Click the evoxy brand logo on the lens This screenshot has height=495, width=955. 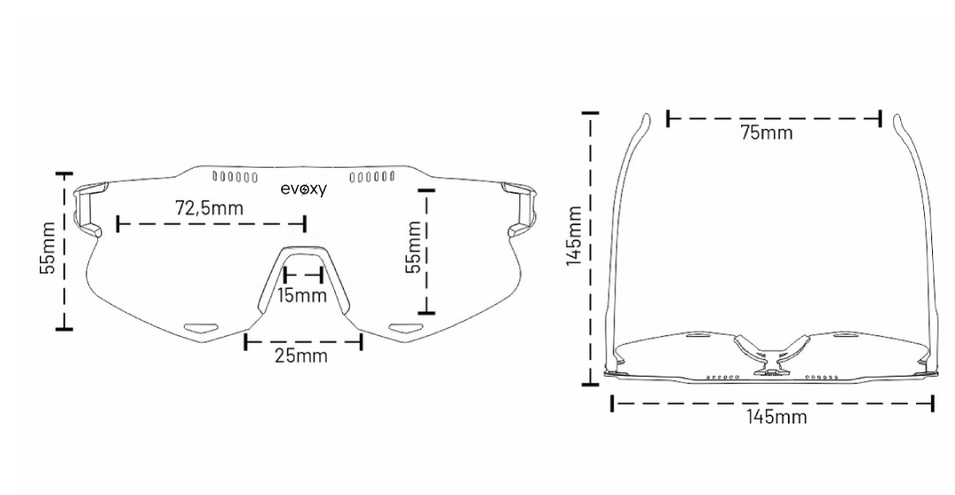pos(303,189)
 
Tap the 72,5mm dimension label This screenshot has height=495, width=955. pos(210,209)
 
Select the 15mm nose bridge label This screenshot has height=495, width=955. pos(302,294)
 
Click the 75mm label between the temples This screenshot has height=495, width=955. pos(766,133)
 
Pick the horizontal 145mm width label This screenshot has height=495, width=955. pos(775,416)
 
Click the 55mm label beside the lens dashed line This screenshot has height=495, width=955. pos(413,247)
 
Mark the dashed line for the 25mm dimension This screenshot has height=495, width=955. pos(303,340)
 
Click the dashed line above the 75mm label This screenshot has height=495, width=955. pos(774,118)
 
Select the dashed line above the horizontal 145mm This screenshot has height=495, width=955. pos(772,403)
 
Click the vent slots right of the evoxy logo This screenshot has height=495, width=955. pos(371,176)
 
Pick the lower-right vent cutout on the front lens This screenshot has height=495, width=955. pos(408,326)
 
